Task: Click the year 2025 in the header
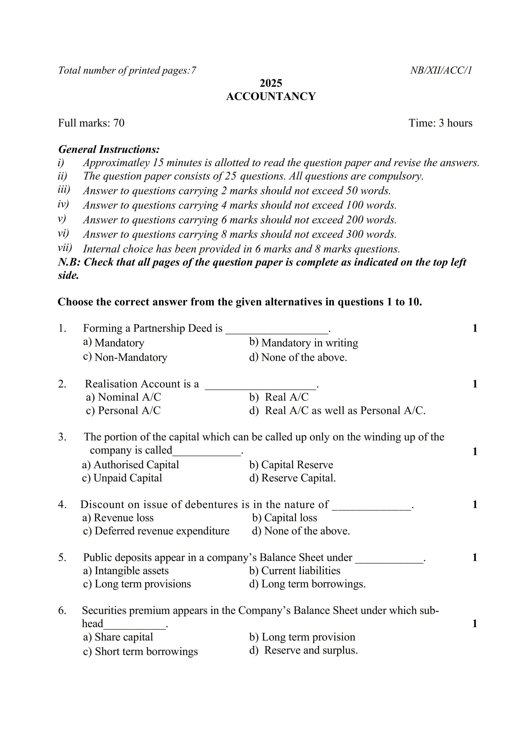271,83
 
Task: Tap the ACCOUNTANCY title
271,97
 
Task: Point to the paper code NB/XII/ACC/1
441,70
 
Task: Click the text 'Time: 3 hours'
440,123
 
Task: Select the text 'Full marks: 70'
91,123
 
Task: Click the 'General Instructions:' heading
109,149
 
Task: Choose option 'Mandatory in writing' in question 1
310,343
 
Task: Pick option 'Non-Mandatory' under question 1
131,357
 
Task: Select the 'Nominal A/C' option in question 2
129,397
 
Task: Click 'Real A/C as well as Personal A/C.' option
345,411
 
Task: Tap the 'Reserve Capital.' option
298,478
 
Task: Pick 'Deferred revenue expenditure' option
162,531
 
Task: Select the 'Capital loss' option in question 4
290,518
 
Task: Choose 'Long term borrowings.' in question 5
313,584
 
